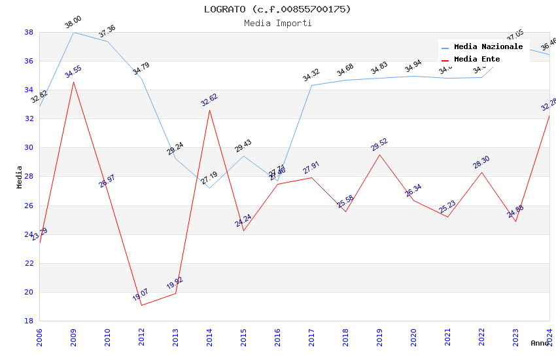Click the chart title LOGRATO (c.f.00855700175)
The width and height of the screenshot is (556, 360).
(x=277, y=9)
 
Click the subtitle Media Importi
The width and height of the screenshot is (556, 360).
(x=277, y=24)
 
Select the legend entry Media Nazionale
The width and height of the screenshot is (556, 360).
(x=488, y=47)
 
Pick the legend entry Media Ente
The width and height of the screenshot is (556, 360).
(x=477, y=60)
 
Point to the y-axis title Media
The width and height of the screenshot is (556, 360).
(x=20, y=177)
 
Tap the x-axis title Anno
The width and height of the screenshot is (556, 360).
(x=540, y=343)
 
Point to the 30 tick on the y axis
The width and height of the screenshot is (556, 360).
(x=29, y=148)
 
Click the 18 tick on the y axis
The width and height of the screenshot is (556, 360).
(x=29, y=321)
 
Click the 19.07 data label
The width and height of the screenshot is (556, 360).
(x=141, y=295)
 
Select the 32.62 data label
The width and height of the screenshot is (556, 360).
(x=209, y=100)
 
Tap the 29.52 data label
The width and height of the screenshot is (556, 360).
(x=379, y=145)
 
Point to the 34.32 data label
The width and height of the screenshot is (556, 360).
(x=311, y=76)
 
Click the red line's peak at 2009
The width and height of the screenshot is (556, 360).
(x=73, y=82)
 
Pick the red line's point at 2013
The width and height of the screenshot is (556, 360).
(x=175, y=293)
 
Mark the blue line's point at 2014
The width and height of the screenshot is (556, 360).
(x=209, y=188)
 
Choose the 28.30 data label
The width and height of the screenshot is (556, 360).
(x=481, y=162)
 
